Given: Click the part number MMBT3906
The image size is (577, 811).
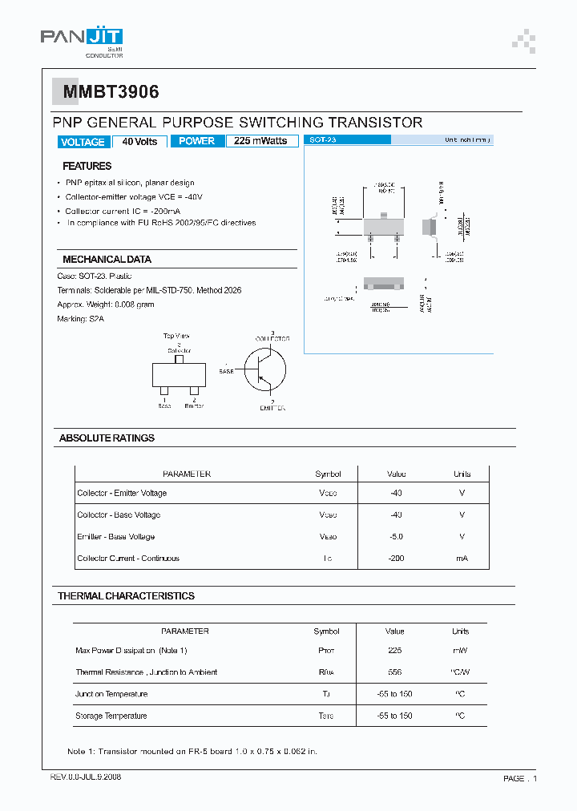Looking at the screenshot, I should [107, 92].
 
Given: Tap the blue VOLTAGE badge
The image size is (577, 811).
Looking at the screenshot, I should [83, 142].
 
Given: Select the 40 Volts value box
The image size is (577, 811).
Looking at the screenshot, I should [139, 141].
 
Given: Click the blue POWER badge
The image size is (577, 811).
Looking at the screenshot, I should [196, 141].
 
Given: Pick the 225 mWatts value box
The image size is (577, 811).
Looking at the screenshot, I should [260, 141].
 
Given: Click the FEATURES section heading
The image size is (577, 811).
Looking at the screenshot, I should [87, 166].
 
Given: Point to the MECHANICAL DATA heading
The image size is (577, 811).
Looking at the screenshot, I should [107, 260].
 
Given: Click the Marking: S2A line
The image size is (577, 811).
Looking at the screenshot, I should [81, 319].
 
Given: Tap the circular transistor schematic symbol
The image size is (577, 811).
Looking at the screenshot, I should [265, 369].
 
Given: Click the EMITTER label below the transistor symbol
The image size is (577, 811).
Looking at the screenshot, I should [272, 408].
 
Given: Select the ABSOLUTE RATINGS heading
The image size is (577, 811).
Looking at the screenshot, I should [107, 438].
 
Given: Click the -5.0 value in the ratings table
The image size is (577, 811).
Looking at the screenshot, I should [396, 537].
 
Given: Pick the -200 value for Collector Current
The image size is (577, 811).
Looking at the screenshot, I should [396, 559].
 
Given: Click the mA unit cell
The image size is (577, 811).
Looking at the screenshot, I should [462, 559].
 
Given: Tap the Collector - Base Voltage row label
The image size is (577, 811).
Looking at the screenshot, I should [119, 515].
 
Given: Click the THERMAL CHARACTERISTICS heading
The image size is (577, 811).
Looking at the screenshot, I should [126, 596].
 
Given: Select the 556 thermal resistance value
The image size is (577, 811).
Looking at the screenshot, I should [394, 672].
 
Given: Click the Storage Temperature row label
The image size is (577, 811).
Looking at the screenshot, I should [111, 716].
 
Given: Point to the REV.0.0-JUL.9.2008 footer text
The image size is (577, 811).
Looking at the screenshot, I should [86, 777].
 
